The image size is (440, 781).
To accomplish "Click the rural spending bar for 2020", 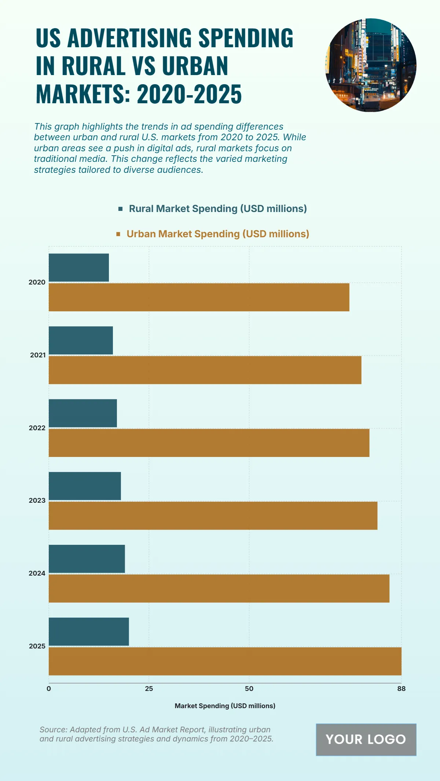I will click(x=79, y=268).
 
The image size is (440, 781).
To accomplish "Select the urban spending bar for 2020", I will click(x=199, y=297).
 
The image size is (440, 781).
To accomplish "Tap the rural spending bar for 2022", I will click(x=83, y=413).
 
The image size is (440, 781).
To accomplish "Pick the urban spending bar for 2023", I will click(x=213, y=516).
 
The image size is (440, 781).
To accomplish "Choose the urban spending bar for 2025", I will click(x=225, y=661).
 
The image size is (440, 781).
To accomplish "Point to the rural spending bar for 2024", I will click(x=87, y=559).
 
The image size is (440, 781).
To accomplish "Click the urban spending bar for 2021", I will click(x=205, y=370).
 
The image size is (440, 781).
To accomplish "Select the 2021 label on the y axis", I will click(x=38, y=355).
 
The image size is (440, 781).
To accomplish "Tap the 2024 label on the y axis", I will click(x=37, y=573).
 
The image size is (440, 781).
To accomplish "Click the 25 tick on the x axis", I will click(x=149, y=689).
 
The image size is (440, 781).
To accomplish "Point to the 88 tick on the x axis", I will click(x=401, y=689).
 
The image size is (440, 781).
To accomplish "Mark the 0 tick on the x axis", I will click(x=49, y=689).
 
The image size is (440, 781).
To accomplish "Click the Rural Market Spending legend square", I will click(x=120, y=209).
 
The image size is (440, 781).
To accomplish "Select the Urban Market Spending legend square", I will click(x=118, y=234).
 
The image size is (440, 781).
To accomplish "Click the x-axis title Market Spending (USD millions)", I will click(x=225, y=706).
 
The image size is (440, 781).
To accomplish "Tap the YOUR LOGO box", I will click(x=366, y=740).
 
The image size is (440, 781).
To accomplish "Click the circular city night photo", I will click(x=371, y=65).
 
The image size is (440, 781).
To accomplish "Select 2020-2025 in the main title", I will click(x=189, y=94).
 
